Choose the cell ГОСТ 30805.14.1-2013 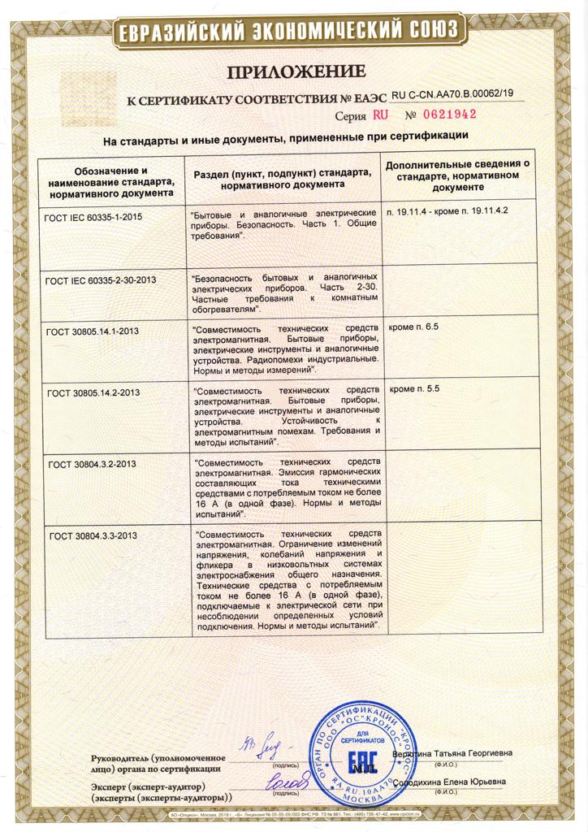click(94, 330)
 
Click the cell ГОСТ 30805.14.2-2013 click(94, 392)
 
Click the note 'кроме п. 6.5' click(414, 327)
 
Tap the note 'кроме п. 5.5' click(414, 389)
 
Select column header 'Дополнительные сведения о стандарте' click(457, 175)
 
